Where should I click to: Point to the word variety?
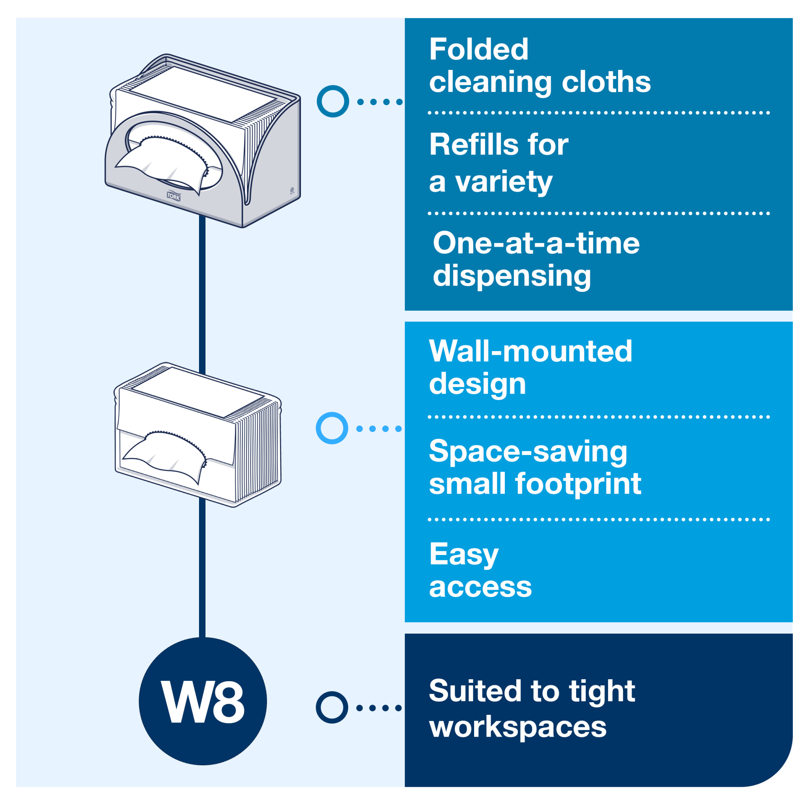[x=504, y=182]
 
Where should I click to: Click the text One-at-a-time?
[x=536, y=243]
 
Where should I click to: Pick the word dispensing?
[x=511, y=276]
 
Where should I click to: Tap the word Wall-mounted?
[x=530, y=351]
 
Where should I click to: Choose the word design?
[x=477, y=384]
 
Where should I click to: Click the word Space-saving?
[x=527, y=451]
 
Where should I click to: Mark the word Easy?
[x=464, y=555]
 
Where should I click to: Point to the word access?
[x=480, y=587]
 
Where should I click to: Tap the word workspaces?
[x=518, y=727]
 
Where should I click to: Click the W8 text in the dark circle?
[x=203, y=702]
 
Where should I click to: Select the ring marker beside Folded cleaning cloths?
[x=333, y=102]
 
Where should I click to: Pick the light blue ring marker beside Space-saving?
[x=332, y=428]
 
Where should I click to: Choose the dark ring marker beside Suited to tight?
[x=332, y=707]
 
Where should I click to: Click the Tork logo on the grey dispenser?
[x=174, y=196]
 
